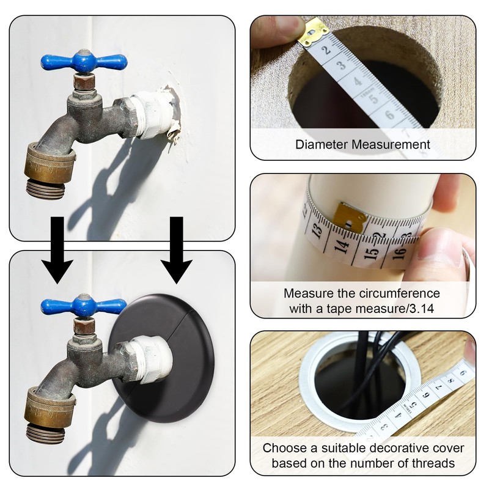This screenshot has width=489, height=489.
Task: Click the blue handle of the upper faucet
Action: [84, 61]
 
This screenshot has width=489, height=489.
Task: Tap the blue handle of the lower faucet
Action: [84, 306]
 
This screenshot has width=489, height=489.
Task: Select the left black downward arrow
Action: [57, 250]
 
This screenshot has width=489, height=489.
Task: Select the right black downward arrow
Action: [177, 250]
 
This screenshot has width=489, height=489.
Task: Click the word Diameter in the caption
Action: [322, 145]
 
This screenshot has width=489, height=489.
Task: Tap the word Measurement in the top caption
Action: [391, 145]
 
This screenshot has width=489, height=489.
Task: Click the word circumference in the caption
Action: [400, 293]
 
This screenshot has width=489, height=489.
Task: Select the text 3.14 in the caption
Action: [421, 309]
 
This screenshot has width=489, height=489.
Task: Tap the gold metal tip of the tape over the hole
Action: [313, 32]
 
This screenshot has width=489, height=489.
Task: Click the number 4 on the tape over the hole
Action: [358, 81]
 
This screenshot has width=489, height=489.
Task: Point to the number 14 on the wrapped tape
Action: [342, 246]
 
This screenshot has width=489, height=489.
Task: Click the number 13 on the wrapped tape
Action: [317, 231]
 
